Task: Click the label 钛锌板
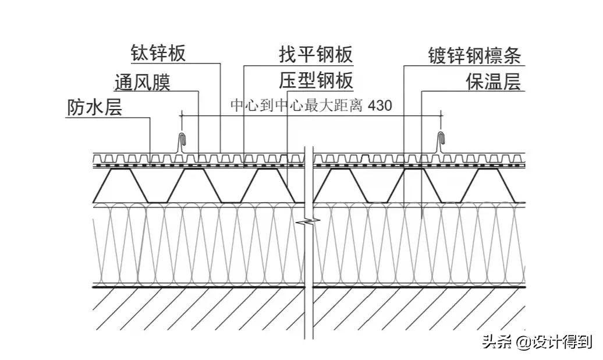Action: pyautogui.click(x=158, y=54)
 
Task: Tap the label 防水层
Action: pyautogui.click(x=95, y=108)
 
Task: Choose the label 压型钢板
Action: pyautogui.click(x=316, y=81)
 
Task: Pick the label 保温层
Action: pyautogui.click(x=492, y=82)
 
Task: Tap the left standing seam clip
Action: pyautogui.click(x=183, y=142)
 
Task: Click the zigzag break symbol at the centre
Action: pyautogui.click(x=308, y=222)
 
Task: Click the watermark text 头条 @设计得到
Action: pyautogui.click(x=536, y=342)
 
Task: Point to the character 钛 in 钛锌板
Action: pyautogui.click(x=140, y=54)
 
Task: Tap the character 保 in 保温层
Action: pyautogui.click(x=474, y=82)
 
